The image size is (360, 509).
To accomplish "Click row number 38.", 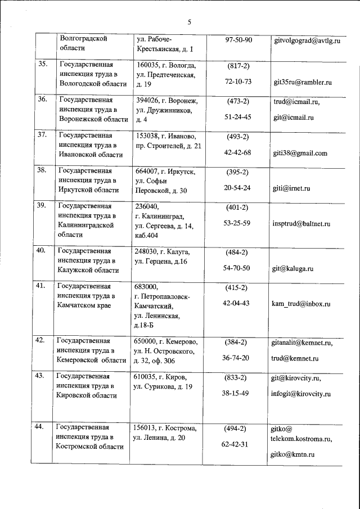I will [x=42, y=170].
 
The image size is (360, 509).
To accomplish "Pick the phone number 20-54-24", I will [x=237, y=187].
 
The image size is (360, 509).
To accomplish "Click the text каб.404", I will [x=148, y=235].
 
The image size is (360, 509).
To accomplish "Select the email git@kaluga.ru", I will [x=292, y=269].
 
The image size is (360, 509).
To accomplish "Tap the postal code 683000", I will [x=147, y=286].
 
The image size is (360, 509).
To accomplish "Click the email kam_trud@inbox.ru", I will [x=300, y=304].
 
